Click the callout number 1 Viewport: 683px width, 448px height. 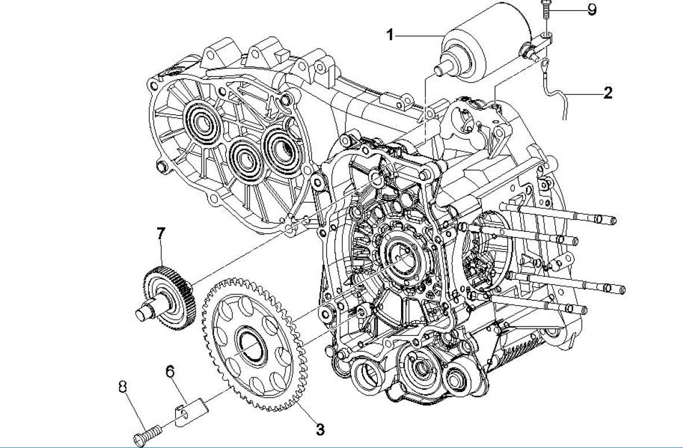(x=390, y=35)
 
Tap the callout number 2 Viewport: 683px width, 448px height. (x=607, y=92)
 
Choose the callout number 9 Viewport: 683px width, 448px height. (x=592, y=10)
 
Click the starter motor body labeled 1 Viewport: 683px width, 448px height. (x=494, y=38)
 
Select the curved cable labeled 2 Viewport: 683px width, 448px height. (x=555, y=95)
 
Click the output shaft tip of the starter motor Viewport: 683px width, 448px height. (x=439, y=66)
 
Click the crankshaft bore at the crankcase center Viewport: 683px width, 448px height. (x=398, y=250)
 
